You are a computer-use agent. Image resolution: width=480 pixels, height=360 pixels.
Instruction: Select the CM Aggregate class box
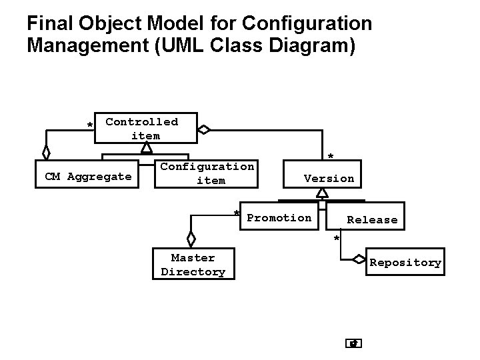[x=87, y=177]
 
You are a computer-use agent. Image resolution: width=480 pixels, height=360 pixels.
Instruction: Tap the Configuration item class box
[x=207, y=173]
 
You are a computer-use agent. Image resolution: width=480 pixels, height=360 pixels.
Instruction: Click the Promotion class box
[x=279, y=218]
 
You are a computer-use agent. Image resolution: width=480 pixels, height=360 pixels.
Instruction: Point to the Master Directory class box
[x=193, y=265]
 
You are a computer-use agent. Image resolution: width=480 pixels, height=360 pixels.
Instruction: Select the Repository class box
[x=405, y=263]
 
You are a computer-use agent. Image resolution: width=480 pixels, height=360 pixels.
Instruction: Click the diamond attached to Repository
[x=359, y=259]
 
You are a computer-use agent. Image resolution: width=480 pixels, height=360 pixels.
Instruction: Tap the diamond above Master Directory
[x=191, y=238]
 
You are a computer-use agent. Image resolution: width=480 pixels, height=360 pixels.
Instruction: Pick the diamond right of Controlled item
[x=204, y=129]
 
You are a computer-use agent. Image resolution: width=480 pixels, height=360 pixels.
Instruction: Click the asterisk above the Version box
[x=330, y=157]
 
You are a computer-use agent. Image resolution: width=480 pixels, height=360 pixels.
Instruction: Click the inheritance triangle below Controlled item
[x=146, y=147]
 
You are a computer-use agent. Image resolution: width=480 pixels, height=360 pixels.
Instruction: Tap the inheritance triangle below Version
[x=323, y=193]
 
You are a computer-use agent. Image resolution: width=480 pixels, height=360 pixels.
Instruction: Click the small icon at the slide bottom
[x=354, y=344]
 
